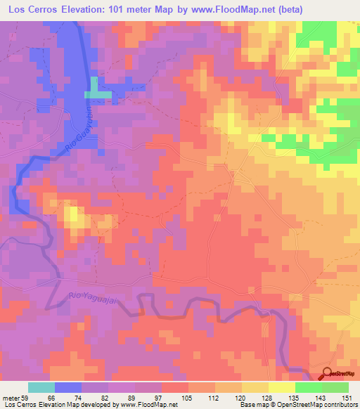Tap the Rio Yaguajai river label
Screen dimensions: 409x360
click(x=92, y=299)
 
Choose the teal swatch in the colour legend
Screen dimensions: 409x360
click(x=41, y=387)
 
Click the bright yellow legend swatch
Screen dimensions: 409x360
click(x=282, y=387)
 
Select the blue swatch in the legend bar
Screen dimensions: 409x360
click(x=68, y=387)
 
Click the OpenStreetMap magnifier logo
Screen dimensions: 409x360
click(x=327, y=375)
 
